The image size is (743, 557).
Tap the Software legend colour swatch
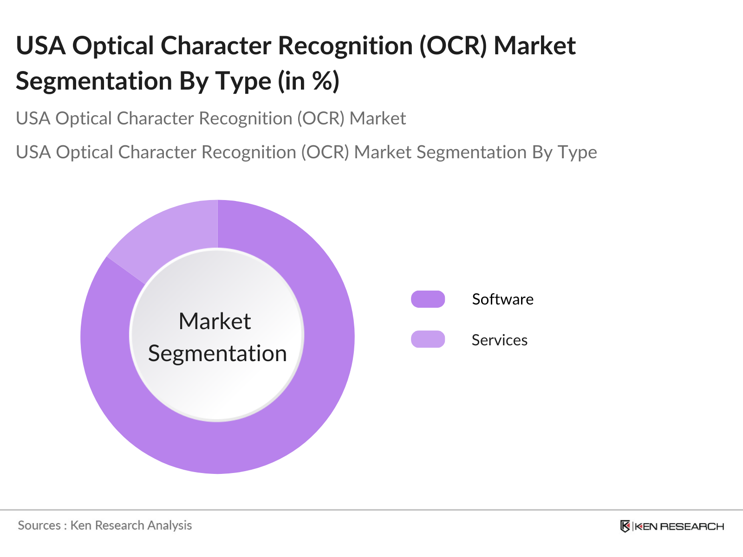pos(428,299)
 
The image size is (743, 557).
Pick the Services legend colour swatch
pos(428,339)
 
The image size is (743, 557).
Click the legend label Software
pos(502,299)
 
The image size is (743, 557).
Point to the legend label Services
pos(499,340)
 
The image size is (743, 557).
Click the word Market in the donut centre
pos(215,321)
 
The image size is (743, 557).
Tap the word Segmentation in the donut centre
pos(217,354)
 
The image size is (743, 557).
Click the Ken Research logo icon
pos(625,526)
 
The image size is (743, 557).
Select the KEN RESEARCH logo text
pos(679,526)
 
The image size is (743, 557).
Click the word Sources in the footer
pos(39,525)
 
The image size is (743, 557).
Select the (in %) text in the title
pos(308,81)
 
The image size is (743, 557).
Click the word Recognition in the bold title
pos(345,46)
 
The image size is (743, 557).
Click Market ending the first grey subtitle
pos(378,118)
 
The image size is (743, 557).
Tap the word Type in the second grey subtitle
pos(577,153)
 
